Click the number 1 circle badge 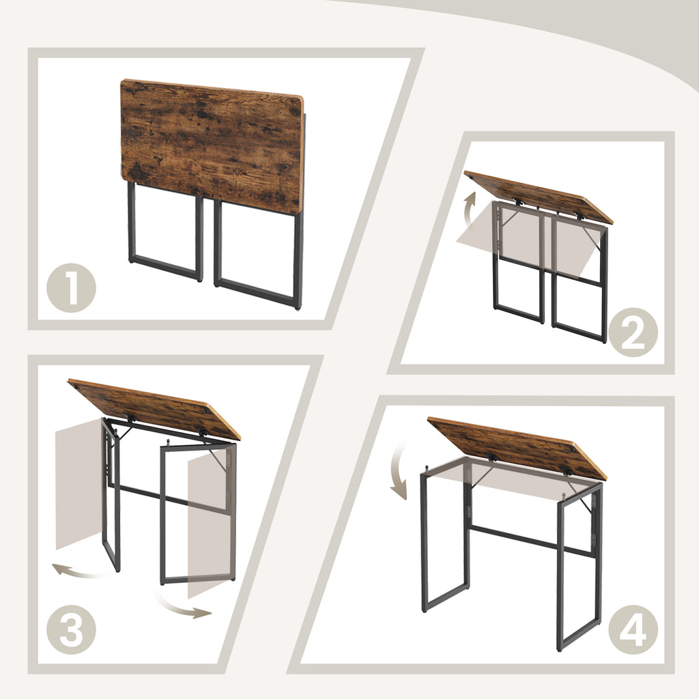pos(71,287)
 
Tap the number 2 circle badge pos(633,332)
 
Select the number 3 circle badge pos(71,630)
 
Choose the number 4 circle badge pos(633,630)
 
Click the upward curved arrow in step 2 pos(468,210)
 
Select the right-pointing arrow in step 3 pos(183,605)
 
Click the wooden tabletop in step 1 pos(212,146)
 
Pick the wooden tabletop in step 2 pos(539,197)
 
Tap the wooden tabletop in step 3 pos(154,409)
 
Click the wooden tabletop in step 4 pos(517,448)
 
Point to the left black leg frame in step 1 pos(166,232)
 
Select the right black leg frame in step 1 pos(259,254)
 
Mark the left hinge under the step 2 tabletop pos(519,202)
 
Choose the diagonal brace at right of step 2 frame pos(593,238)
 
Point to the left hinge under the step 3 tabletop pos(130,418)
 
